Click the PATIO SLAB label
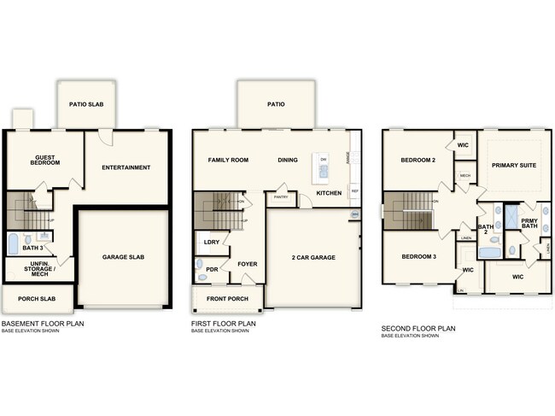(x=85, y=105)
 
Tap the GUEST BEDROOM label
(x=45, y=160)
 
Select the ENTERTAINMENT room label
(x=126, y=167)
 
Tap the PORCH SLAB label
(x=37, y=299)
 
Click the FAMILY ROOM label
(x=228, y=160)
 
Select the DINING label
(x=288, y=160)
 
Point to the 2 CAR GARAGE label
(x=314, y=257)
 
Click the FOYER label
(x=248, y=264)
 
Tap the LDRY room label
(x=211, y=243)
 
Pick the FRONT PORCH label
(x=227, y=299)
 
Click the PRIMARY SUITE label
(x=515, y=165)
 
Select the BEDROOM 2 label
(x=419, y=160)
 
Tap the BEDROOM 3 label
(x=419, y=256)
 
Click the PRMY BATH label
(x=530, y=224)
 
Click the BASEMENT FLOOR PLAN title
(x=43, y=325)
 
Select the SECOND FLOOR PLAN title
(x=418, y=328)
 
